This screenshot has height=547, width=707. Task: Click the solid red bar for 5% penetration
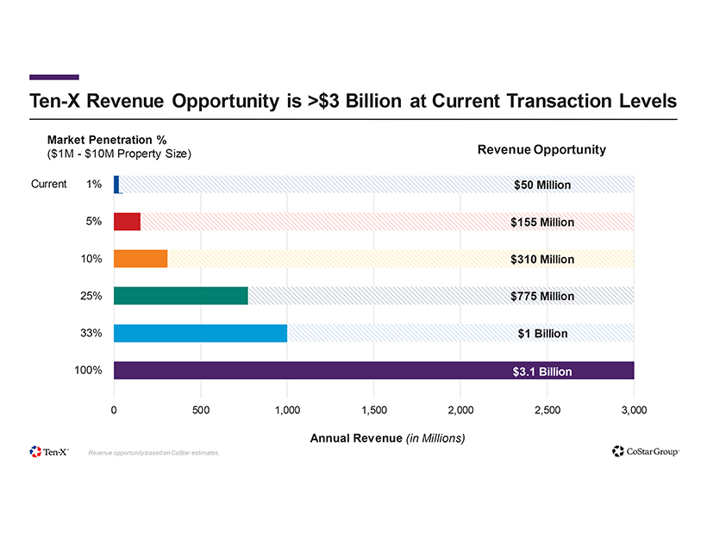[127, 221]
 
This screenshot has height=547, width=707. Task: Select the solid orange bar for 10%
[141, 258]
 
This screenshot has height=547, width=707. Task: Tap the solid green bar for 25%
[180, 295]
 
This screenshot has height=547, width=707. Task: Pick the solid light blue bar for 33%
[200, 333]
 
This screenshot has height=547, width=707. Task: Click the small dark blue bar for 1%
[116, 184]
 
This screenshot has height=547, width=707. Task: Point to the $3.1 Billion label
[542, 372]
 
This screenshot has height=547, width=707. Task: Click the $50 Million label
[541, 185]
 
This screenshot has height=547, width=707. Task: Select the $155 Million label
[541, 223]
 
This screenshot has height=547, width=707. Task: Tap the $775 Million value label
[541, 297]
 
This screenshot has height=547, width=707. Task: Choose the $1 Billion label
[542, 334]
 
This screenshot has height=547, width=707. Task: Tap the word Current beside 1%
[49, 184]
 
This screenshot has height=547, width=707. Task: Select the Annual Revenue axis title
[387, 438]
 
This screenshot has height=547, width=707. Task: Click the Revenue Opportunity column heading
[541, 149]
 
